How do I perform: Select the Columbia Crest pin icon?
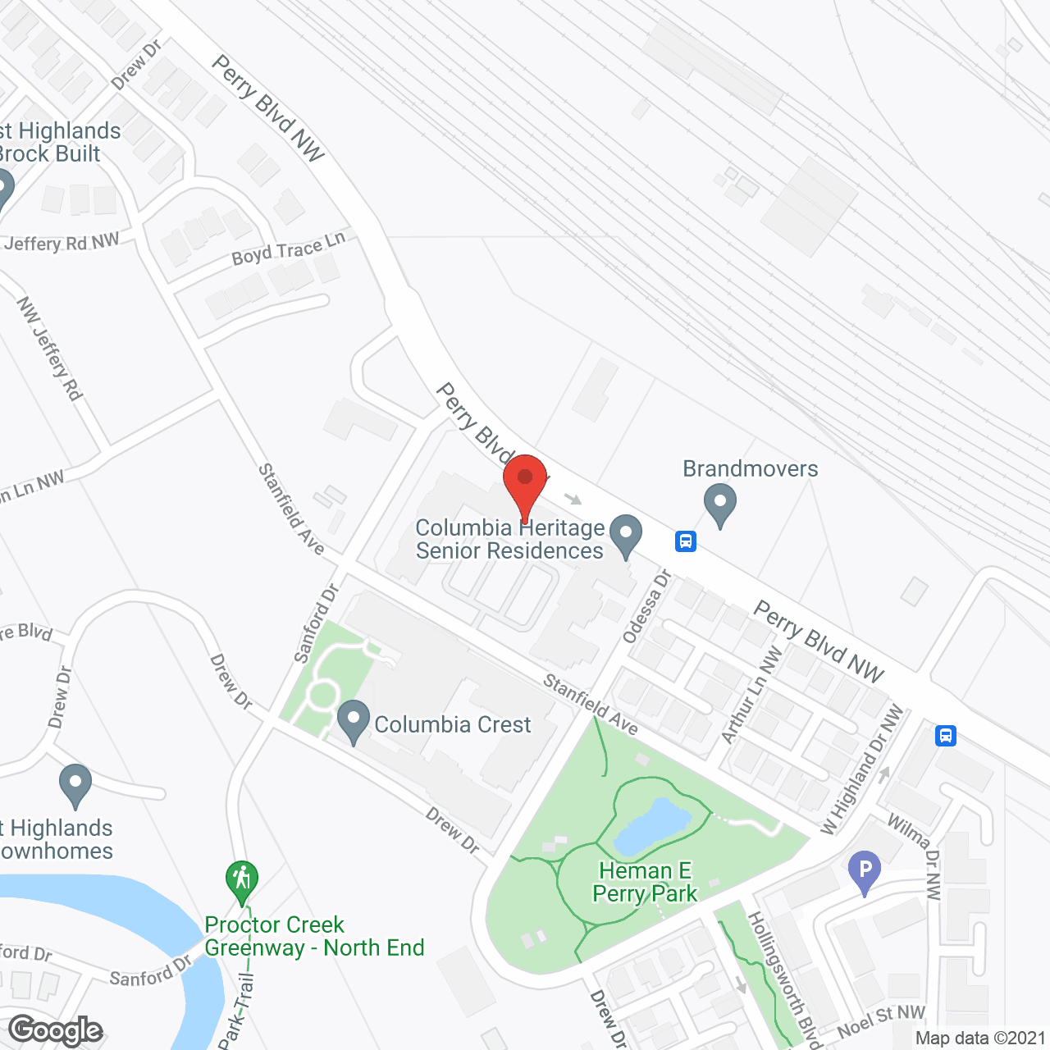click(x=354, y=723)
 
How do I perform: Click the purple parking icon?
click(x=865, y=872)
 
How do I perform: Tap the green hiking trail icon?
click(x=241, y=881)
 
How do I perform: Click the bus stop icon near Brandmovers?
click(x=686, y=541)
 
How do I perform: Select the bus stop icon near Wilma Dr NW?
click(x=946, y=735)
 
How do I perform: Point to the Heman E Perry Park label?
click(x=645, y=882)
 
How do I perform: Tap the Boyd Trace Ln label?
click(x=289, y=249)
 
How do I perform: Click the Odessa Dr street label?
click(x=646, y=606)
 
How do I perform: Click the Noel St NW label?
click(x=881, y=1021)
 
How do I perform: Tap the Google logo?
click(x=56, y=1029)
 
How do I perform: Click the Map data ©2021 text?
click(x=980, y=1039)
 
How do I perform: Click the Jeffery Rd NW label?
click(x=62, y=243)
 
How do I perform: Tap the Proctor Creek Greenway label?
click(x=314, y=936)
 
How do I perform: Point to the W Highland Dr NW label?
click(x=862, y=770)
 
